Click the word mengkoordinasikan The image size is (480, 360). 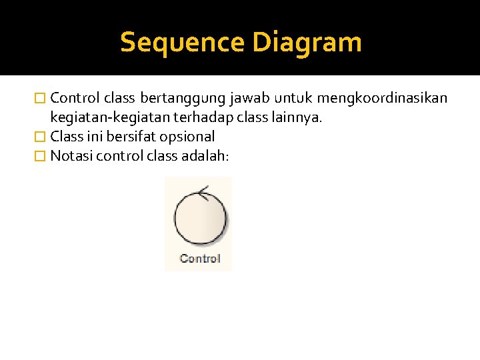(x=383, y=99)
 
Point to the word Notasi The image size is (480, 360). (x=71, y=156)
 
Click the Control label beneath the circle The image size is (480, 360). (x=199, y=259)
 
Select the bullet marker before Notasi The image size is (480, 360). (x=41, y=157)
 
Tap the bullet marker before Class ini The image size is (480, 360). (x=41, y=137)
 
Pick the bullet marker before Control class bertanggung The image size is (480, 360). (x=41, y=99)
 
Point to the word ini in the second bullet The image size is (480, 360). (x=95, y=137)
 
